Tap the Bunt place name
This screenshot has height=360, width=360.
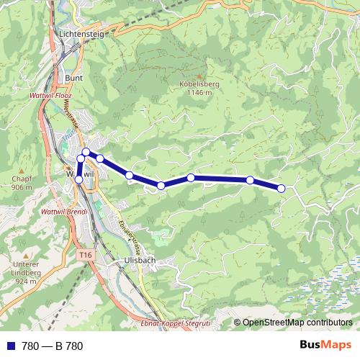tap(74, 78)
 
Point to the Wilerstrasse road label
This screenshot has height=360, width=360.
tap(71, 115)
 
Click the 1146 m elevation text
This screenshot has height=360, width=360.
tap(198, 93)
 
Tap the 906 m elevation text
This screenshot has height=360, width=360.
tap(22, 187)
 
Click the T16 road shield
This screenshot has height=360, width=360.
tap(86, 255)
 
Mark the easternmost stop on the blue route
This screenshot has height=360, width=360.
tap(281, 188)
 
